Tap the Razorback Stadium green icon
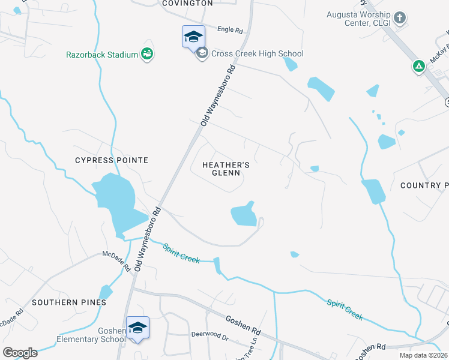click(x=147, y=55)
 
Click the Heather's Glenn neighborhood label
click(x=225, y=169)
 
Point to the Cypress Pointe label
click(x=111, y=160)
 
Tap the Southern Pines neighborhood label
click(x=69, y=302)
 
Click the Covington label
click(x=187, y=3)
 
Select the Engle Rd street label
click(x=230, y=29)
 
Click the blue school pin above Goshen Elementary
click(x=137, y=328)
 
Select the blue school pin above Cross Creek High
click(x=193, y=37)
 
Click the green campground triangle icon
click(x=419, y=66)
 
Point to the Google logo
click(x=20, y=352)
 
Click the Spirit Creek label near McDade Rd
click(x=179, y=253)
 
